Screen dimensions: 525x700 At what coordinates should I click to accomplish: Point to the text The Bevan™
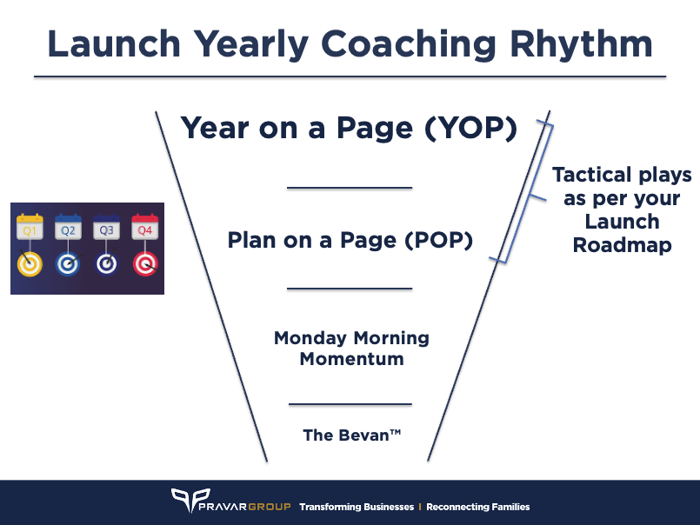point(351,435)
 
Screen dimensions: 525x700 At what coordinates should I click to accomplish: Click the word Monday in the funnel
point(314,338)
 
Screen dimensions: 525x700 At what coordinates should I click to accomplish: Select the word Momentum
point(351,358)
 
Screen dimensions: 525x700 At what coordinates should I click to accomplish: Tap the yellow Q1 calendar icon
point(30,229)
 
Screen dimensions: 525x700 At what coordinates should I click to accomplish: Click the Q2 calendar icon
point(68,229)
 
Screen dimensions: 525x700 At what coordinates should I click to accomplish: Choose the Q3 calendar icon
point(106,229)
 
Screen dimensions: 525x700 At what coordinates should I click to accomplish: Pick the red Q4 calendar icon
point(144,229)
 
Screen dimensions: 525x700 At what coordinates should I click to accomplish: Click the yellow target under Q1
point(30,263)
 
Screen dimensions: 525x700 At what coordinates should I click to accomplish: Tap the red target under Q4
point(144,263)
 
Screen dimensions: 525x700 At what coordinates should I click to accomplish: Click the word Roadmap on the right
point(622,246)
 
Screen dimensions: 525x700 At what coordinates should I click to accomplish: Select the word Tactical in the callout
point(592,175)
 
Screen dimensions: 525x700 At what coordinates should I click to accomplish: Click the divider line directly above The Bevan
point(350,404)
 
